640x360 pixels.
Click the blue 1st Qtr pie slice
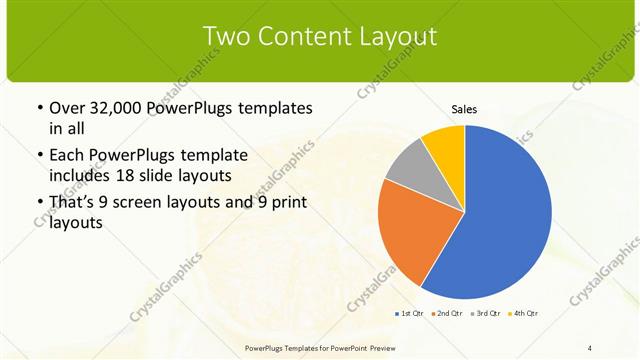tap(500, 220)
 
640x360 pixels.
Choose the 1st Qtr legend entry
tap(410, 314)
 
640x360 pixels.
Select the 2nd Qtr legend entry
tap(446, 314)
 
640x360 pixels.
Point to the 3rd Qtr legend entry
tap(485, 314)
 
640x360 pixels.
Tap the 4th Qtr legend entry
tap(523, 314)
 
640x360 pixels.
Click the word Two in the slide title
tap(226, 36)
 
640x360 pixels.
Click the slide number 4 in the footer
tap(590, 347)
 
